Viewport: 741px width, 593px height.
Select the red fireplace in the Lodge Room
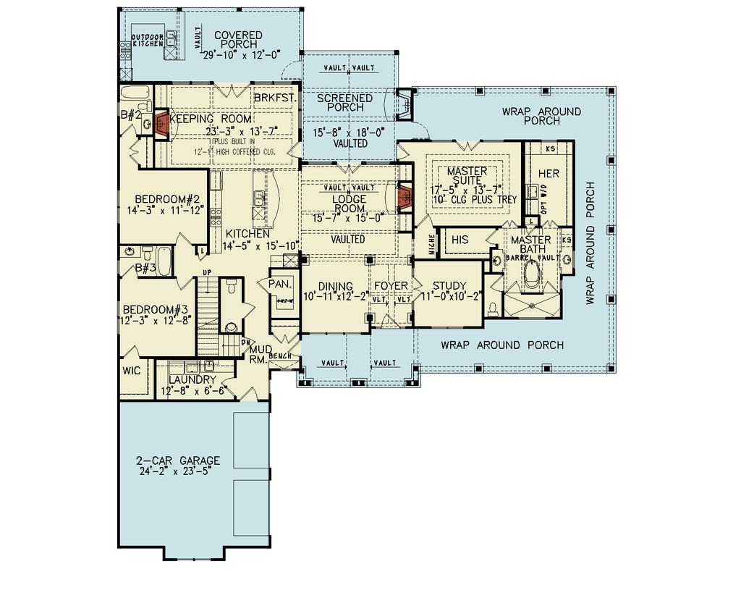click(405, 196)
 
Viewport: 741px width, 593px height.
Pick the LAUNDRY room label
click(192, 379)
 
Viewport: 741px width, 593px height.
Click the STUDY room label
click(449, 286)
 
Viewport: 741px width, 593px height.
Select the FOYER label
click(391, 286)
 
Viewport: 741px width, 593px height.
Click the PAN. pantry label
click(279, 283)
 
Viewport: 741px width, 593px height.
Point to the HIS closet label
click(460, 240)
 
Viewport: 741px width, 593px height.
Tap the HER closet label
click(549, 174)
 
